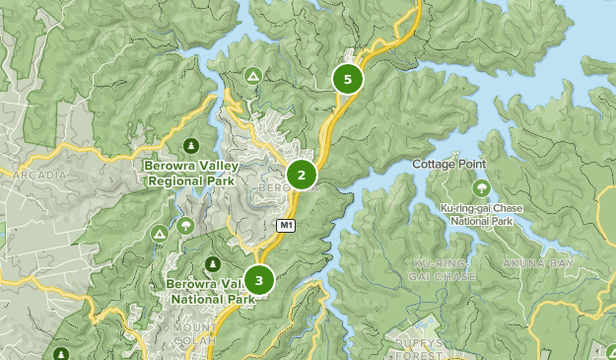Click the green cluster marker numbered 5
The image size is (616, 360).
[x=347, y=79]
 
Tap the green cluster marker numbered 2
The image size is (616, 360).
[x=302, y=176]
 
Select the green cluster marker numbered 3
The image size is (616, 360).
[x=258, y=280]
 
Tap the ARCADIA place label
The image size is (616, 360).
[x=37, y=176]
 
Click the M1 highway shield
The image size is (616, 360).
[x=286, y=226]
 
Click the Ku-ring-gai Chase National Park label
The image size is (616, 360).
[x=483, y=215]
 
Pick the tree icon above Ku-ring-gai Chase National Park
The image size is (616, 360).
[x=482, y=187]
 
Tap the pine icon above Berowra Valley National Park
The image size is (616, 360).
[x=212, y=264]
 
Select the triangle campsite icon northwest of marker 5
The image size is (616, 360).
[x=253, y=75]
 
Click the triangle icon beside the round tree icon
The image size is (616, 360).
[x=158, y=233]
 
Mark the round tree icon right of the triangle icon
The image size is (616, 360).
[x=185, y=226]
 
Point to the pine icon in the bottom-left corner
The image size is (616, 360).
[x=61, y=353]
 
